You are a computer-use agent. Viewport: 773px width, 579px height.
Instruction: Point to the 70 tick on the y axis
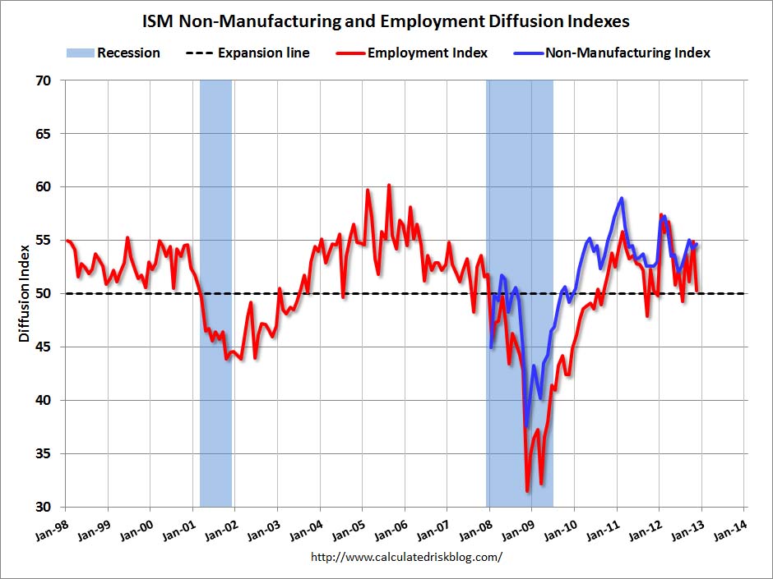[44, 80]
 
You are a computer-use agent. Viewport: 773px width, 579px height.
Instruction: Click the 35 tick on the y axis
[44, 453]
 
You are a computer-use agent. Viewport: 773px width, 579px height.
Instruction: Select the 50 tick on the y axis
[44, 293]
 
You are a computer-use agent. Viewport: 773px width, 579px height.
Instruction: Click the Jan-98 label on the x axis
[52, 527]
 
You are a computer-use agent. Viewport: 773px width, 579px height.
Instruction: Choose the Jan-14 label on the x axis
[732, 527]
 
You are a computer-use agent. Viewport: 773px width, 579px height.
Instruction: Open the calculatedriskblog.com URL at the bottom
[406, 557]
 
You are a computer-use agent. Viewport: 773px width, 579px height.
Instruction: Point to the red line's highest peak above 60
[389, 186]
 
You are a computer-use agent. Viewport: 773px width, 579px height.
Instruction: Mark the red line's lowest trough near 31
[527, 490]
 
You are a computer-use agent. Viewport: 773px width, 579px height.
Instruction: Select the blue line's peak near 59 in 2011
[622, 198]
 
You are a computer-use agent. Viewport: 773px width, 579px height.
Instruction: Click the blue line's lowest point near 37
[526, 426]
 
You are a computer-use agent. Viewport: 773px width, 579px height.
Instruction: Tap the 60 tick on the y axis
[44, 186]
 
